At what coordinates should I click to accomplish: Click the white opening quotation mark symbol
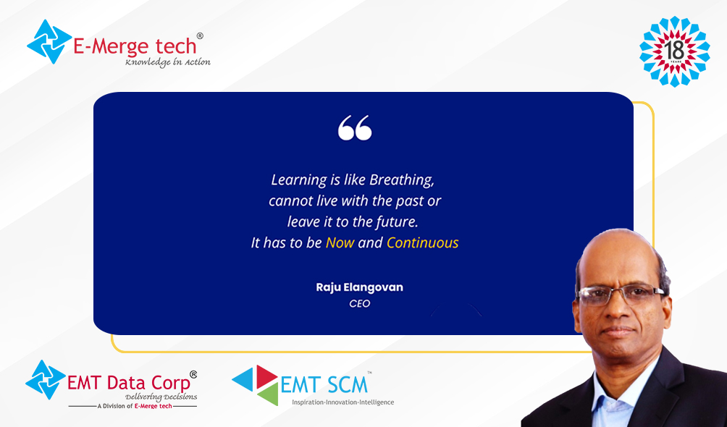(x=355, y=127)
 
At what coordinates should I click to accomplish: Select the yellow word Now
(x=340, y=242)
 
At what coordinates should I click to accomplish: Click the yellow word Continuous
(x=422, y=242)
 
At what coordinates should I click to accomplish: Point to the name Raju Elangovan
(x=359, y=287)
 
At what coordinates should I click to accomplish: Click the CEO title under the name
(x=360, y=304)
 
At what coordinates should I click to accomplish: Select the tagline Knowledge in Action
(x=167, y=62)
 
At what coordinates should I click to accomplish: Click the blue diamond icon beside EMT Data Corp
(x=46, y=380)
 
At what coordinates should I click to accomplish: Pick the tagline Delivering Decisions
(x=161, y=397)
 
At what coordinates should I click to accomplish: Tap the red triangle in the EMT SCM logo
(x=266, y=375)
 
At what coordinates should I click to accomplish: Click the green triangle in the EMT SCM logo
(x=269, y=394)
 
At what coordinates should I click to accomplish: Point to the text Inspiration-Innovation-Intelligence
(x=343, y=402)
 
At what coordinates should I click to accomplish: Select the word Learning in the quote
(x=299, y=180)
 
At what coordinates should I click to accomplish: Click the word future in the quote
(x=397, y=221)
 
